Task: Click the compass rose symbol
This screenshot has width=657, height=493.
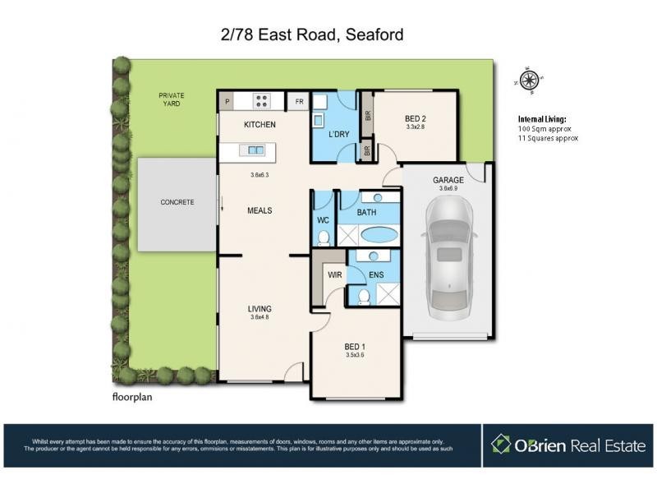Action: pyautogui.click(x=529, y=80)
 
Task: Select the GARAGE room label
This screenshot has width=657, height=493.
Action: pyautogui.click(x=448, y=180)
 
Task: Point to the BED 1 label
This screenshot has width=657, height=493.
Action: pyautogui.click(x=354, y=347)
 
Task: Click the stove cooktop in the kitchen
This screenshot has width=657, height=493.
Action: pyautogui.click(x=262, y=102)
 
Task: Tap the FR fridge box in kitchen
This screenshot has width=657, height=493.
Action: pyautogui.click(x=300, y=102)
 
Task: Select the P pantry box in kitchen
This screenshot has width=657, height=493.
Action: pyautogui.click(x=227, y=102)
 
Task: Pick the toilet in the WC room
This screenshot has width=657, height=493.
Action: pyautogui.click(x=324, y=237)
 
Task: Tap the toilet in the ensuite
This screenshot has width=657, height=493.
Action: pyautogui.click(x=364, y=297)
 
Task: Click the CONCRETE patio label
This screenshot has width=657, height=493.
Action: pyautogui.click(x=177, y=202)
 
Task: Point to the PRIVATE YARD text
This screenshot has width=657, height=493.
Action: pyautogui.click(x=172, y=100)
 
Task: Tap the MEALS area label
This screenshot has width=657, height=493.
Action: pyautogui.click(x=260, y=210)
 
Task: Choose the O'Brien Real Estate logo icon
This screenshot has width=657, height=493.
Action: pyautogui.click(x=501, y=445)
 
